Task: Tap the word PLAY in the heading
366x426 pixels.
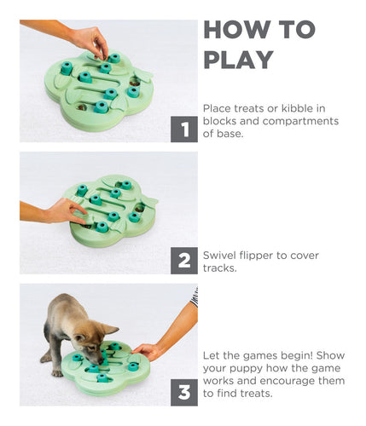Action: click(238, 60)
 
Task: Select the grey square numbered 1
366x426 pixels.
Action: click(183, 130)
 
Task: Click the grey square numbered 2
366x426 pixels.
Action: click(183, 260)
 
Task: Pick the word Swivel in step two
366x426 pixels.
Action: click(221, 255)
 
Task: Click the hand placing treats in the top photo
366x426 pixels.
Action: click(89, 39)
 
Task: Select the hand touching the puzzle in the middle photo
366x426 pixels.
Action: click(65, 210)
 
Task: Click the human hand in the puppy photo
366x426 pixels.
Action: click(150, 350)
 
